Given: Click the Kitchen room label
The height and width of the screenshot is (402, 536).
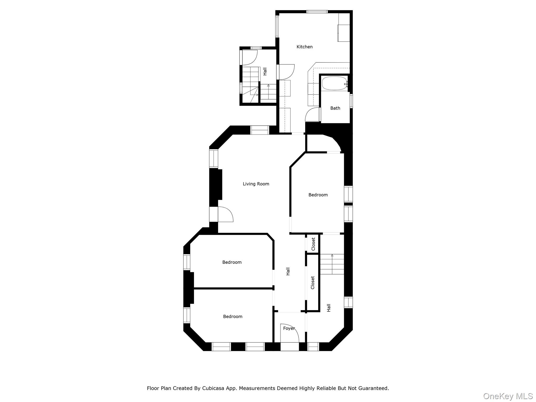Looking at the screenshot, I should coord(304,47).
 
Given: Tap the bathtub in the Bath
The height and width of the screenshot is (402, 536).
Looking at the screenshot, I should coord(334,83).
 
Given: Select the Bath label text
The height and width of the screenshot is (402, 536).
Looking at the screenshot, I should coord(335,108).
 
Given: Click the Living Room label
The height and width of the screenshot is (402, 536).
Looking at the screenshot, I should coord(256,184).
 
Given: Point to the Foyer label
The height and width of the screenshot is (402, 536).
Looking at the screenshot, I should coord(289,328).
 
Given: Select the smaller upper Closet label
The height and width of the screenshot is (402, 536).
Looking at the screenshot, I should coord(313,244).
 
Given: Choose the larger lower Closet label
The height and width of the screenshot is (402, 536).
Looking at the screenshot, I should coord(312,283).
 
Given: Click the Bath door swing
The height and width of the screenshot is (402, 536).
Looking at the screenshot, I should coord(312,115).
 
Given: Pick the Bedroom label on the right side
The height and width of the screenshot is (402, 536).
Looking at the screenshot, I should coord(318,195).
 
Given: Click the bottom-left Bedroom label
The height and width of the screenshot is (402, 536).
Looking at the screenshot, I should coord(232,316).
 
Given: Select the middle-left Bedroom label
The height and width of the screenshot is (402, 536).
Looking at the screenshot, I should coord(232,262).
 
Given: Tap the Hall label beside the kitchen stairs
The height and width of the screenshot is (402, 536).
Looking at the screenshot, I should coord(265,71).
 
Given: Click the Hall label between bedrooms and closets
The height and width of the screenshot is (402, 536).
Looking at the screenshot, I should coord(288,271).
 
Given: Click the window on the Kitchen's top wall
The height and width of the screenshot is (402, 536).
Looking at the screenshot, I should coord(317,12).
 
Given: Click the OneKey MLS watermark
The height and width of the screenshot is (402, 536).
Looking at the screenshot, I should coord(508,396).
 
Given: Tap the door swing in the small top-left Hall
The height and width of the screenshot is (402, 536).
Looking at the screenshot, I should coord(250,58).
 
